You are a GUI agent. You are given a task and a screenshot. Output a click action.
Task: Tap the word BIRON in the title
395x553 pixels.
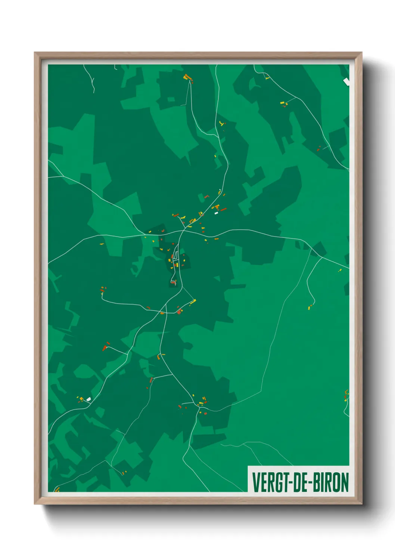(330, 482)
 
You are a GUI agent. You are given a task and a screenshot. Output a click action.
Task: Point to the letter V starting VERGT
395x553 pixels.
(256, 482)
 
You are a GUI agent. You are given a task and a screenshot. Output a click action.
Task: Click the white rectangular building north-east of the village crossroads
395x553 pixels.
(216, 213)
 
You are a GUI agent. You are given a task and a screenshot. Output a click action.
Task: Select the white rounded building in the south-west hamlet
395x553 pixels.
(88, 399)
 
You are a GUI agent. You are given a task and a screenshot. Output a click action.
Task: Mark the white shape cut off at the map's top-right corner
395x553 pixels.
(346, 81)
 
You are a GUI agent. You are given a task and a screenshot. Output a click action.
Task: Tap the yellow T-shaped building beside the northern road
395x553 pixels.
(221, 123)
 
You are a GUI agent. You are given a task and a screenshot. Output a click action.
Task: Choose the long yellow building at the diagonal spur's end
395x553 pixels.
(193, 301)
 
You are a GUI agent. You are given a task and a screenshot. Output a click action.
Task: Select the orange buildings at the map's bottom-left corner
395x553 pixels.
(57, 489)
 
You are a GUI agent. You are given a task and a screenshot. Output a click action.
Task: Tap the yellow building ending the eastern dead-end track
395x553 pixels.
(310, 308)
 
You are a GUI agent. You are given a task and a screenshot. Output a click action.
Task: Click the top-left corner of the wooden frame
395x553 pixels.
(35, 53)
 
